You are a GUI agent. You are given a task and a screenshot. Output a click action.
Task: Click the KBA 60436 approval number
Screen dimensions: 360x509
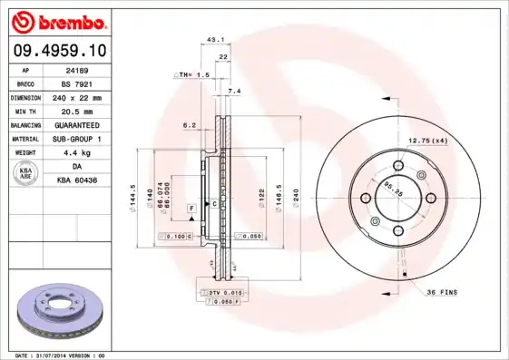pyautogui.click(x=76, y=181)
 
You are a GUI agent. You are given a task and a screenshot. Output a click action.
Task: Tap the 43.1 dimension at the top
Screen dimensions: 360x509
pyautogui.click(x=215, y=40)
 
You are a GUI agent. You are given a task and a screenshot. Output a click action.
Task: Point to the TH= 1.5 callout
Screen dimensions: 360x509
pyautogui.click(x=192, y=74)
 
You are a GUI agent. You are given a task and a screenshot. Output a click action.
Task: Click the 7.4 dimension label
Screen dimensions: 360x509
pyautogui.click(x=234, y=92)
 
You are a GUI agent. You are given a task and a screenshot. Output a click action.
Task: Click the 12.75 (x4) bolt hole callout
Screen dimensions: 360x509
pyautogui.click(x=428, y=141)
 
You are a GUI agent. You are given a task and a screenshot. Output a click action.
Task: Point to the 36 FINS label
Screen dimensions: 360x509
pyautogui.click(x=442, y=292)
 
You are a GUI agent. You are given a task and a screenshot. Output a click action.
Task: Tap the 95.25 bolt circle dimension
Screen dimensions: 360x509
pyautogui.click(x=391, y=190)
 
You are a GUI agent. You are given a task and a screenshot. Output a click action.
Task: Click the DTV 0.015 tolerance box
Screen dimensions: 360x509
pyautogui.click(x=221, y=293)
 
